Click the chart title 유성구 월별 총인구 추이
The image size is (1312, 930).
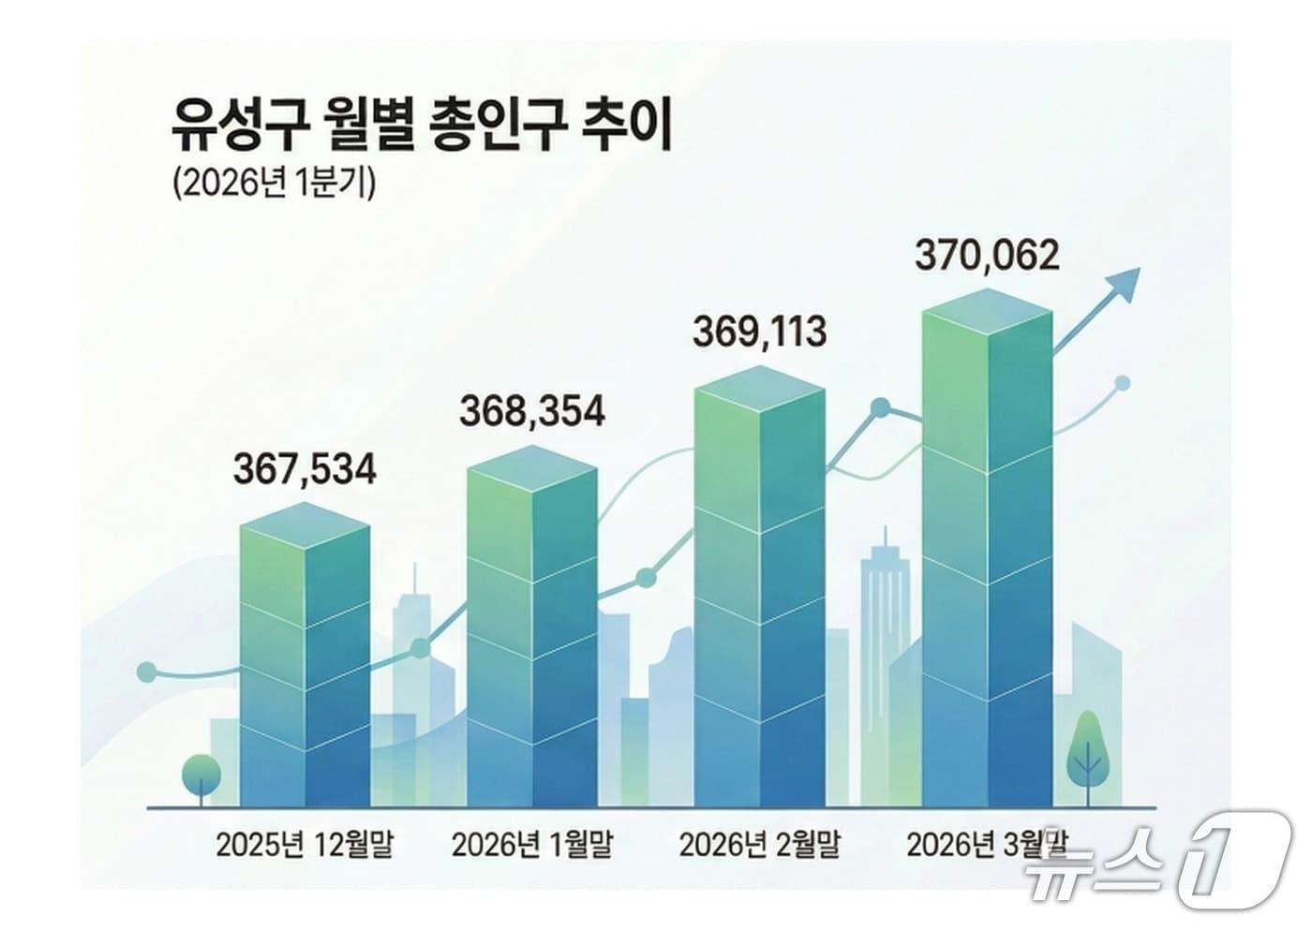pyautogui.click(x=421, y=129)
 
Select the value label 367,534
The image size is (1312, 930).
pyautogui.click(x=305, y=468)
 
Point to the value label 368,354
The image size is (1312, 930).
pyautogui.click(x=532, y=411)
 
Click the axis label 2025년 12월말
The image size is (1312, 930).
pyautogui.click(x=305, y=846)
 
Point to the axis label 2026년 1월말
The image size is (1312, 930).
pyautogui.click(x=532, y=846)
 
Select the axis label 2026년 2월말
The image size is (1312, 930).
pyautogui.click(x=759, y=846)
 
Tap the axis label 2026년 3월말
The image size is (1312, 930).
pyautogui.click(x=987, y=846)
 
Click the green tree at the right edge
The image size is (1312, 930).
pyautogui.click(x=1088, y=749)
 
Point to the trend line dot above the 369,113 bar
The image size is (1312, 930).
pyautogui.click(x=881, y=408)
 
